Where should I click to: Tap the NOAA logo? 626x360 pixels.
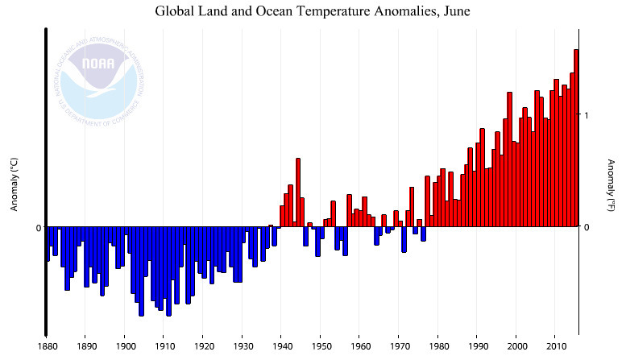click(x=102, y=76)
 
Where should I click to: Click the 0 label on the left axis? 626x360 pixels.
click(x=37, y=228)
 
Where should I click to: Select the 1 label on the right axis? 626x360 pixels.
click(x=587, y=115)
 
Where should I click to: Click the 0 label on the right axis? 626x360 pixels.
click(x=587, y=227)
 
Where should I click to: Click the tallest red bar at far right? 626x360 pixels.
click(x=576, y=137)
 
